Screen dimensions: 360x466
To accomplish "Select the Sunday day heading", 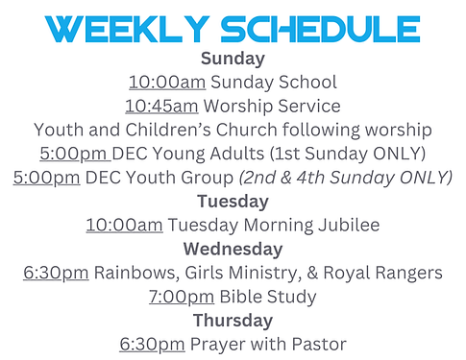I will pyautogui.click(x=232, y=60).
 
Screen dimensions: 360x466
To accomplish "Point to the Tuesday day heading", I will pyautogui.click(x=232, y=202).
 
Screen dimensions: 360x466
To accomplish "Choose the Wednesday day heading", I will pyautogui.click(x=232, y=249).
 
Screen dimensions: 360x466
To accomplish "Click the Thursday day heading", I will pyautogui.click(x=232, y=320).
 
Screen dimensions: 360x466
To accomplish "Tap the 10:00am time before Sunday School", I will pyautogui.click(x=165, y=83).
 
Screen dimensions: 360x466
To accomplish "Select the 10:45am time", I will pyautogui.click(x=161, y=107).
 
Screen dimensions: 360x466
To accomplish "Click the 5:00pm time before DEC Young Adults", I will pyautogui.click(x=76, y=154).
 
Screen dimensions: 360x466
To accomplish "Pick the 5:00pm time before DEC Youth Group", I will pyautogui.click(x=47, y=178).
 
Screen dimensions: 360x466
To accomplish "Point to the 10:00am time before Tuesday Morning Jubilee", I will pyautogui.click(x=124, y=226).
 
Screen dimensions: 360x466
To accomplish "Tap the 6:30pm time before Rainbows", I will pyautogui.click(x=56, y=273).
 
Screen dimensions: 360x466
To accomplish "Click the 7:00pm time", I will pyautogui.click(x=182, y=297).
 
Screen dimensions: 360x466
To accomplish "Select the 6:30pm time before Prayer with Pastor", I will pyautogui.click(x=152, y=344).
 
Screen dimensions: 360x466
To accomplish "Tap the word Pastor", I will pyautogui.click(x=317, y=344).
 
